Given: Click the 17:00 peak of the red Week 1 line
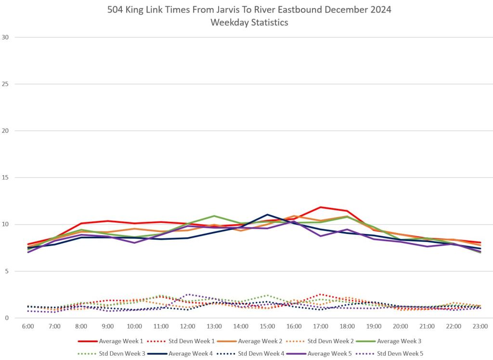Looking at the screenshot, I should [x=320, y=207].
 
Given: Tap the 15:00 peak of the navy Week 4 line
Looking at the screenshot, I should [x=267, y=215].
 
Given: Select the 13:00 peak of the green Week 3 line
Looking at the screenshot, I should [x=214, y=216].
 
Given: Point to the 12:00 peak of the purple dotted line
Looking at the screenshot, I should [x=187, y=294].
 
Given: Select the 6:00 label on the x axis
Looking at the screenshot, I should [x=28, y=326].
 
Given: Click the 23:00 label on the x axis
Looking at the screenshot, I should [x=480, y=326].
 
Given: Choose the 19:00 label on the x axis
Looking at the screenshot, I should [x=374, y=326].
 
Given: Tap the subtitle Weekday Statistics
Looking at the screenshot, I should [x=249, y=22].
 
